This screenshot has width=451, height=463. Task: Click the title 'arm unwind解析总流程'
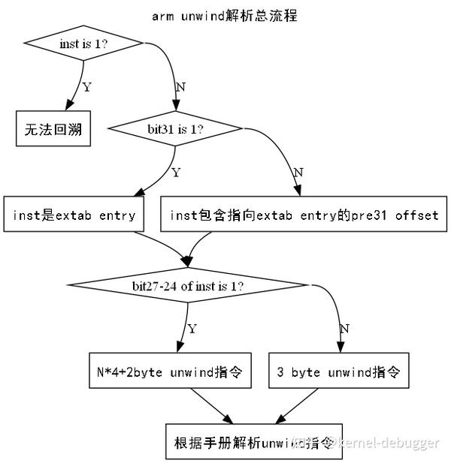coord(225,16)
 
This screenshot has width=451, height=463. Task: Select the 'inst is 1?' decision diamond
coord(83,44)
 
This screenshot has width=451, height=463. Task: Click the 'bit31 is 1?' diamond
coord(176,129)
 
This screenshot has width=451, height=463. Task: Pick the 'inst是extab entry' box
coord(74,215)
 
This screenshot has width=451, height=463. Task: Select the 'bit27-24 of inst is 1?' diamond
coord(188,286)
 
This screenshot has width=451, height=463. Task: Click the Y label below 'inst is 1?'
coord(86,87)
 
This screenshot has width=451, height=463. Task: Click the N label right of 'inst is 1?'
coord(180,87)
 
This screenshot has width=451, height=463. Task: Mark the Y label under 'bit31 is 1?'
coord(176,173)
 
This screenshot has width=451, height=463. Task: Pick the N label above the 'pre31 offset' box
coord(298,173)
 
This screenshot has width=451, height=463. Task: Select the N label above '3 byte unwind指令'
coord(344,329)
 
